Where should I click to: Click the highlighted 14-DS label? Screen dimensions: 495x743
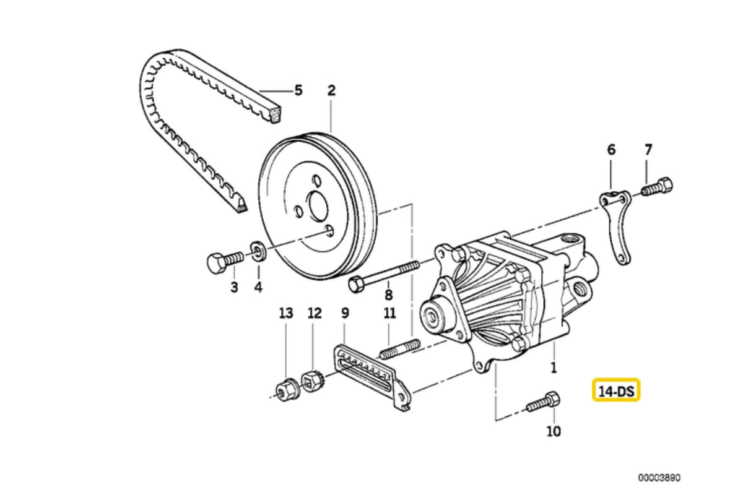(616, 390)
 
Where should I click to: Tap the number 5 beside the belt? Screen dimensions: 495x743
(298, 91)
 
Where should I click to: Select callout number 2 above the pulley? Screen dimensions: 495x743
(331, 91)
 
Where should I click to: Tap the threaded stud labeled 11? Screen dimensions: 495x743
(399, 349)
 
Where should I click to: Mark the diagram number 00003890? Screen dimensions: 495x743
(659, 478)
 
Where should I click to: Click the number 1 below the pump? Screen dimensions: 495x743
(554, 368)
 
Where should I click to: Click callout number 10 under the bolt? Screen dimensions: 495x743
(554, 431)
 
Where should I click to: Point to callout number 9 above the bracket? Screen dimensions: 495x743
(345, 314)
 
